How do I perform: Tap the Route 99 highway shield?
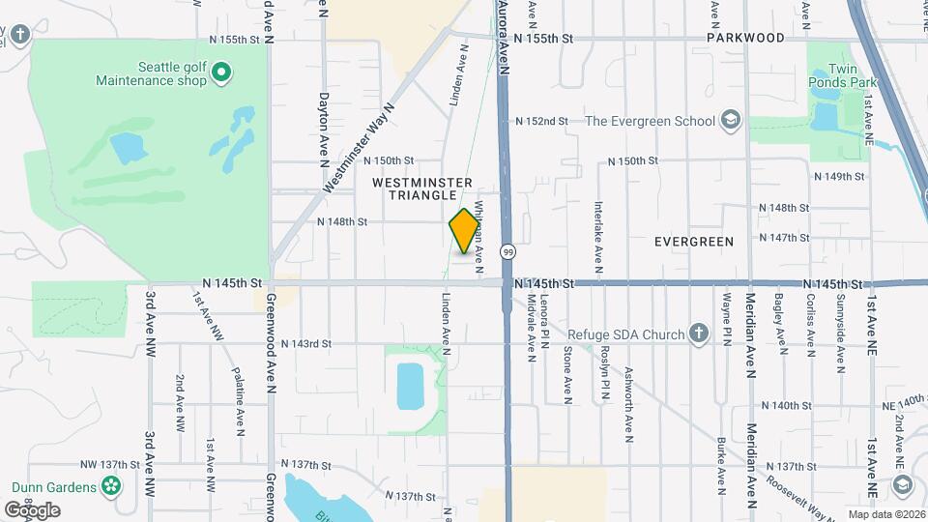pyautogui.click(x=507, y=251)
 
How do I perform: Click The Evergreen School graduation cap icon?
pyautogui.click(x=731, y=121)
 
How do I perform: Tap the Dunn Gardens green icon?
pyautogui.click(x=112, y=485)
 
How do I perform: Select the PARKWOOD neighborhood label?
pyautogui.click(x=745, y=38)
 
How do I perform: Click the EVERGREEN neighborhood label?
pyautogui.click(x=693, y=241)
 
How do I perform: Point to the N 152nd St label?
pyautogui.click(x=541, y=121)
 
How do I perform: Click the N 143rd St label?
pyautogui.click(x=306, y=343)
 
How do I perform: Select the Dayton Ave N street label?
pyautogui.click(x=323, y=130)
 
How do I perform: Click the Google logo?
pyautogui.click(x=32, y=509)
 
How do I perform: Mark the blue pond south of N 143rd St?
pyautogui.click(x=410, y=387)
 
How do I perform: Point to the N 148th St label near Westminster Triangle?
pyautogui.click(x=342, y=221)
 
